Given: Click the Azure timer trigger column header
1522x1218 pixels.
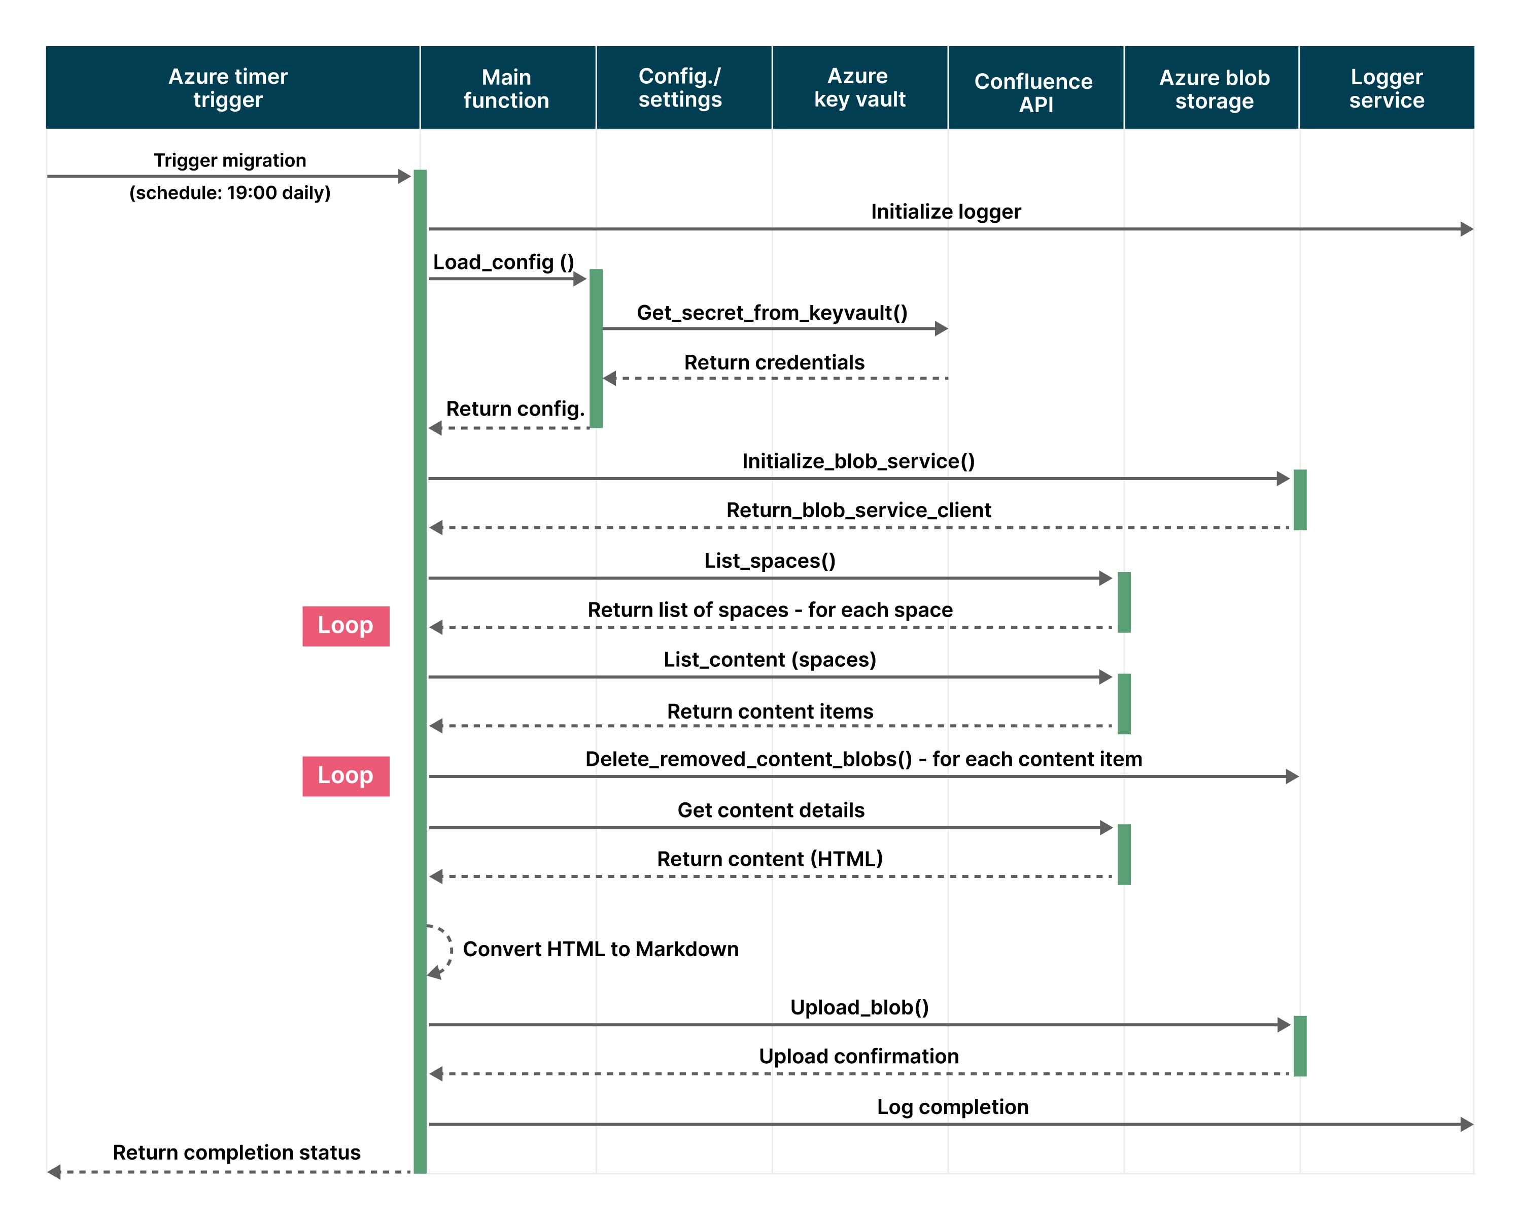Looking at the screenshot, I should pyautogui.click(x=228, y=88).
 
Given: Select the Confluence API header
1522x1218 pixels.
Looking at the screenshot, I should pyautogui.click(x=1034, y=92).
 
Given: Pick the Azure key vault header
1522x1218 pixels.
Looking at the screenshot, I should pyautogui.click(x=858, y=88).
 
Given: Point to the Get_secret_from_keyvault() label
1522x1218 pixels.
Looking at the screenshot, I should pyautogui.click(x=772, y=313).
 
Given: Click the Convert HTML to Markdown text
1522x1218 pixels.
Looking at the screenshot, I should pyautogui.click(x=600, y=949).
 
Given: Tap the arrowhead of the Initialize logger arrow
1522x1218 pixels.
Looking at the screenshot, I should pyautogui.click(x=1466, y=229).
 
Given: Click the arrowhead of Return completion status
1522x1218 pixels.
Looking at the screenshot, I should pyautogui.click(x=54, y=1172).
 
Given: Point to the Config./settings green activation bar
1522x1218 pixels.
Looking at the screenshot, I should pyautogui.click(x=596, y=348).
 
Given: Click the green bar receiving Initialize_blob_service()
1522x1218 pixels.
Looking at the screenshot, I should pyautogui.click(x=1300, y=499).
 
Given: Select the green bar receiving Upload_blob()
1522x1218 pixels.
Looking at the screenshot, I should pyautogui.click(x=1300, y=1046).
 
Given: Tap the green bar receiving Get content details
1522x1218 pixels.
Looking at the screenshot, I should pyautogui.click(x=1124, y=854).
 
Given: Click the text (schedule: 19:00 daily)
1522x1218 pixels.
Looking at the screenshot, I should pyautogui.click(x=229, y=193).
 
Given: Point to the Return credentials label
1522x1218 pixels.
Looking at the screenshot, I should pyautogui.click(x=774, y=363).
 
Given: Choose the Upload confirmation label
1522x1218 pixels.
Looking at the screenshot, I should pyautogui.click(x=858, y=1056).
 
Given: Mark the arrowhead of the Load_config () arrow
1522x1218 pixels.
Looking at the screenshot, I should pyautogui.click(x=579, y=279).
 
